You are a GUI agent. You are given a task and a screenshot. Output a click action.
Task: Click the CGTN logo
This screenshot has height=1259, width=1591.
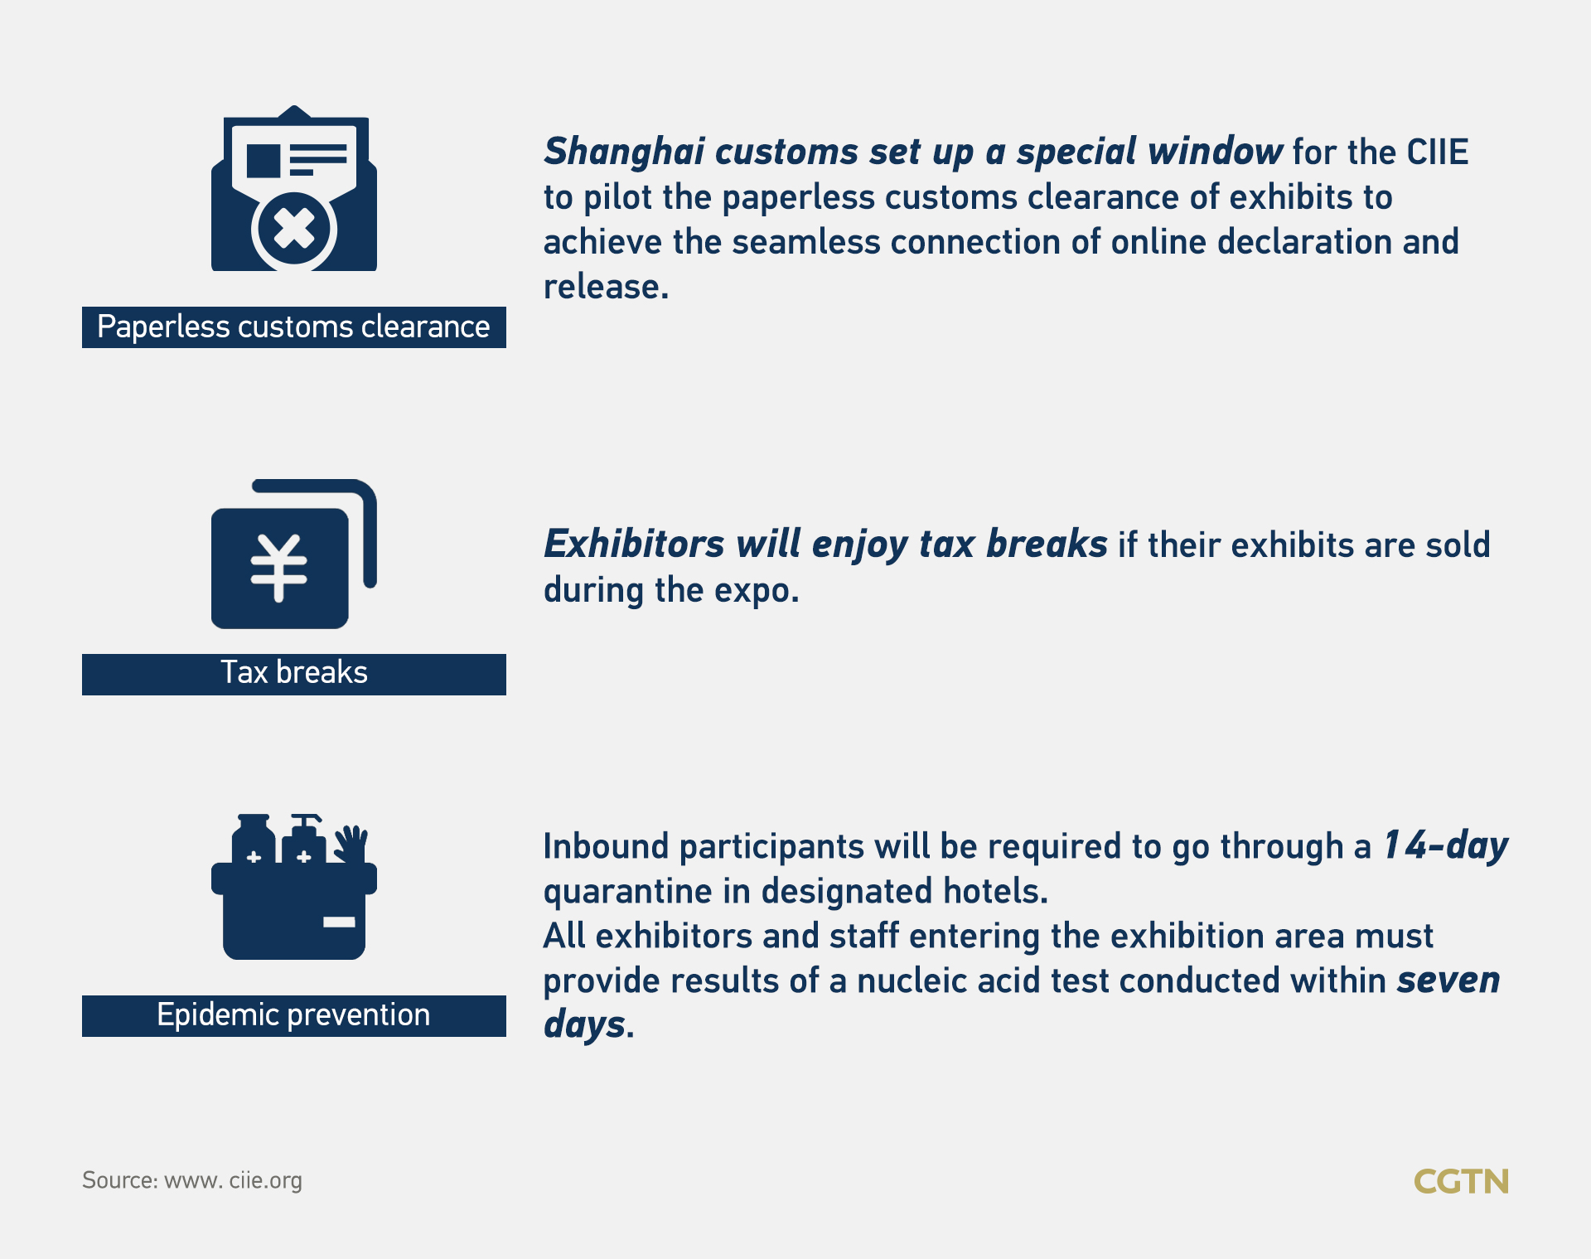click(x=1461, y=1181)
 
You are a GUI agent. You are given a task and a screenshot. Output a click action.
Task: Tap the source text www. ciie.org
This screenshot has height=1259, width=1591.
click(x=233, y=1180)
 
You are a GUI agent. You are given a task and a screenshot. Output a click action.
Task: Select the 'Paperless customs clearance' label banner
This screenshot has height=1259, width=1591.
click(x=294, y=327)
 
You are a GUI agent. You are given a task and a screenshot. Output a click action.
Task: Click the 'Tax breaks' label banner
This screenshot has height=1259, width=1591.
click(x=294, y=674)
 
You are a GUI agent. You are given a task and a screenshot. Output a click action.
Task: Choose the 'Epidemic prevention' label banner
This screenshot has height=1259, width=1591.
click(x=294, y=1015)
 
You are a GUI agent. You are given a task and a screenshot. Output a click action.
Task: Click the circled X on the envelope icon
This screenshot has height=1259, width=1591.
click(x=294, y=230)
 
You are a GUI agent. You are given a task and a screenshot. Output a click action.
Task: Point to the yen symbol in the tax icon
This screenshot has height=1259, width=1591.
click(x=279, y=568)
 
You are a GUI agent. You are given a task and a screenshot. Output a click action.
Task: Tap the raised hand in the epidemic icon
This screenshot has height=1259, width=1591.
click(x=351, y=844)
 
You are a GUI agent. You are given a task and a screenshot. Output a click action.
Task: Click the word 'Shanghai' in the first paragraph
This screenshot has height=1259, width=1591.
click(x=624, y=153)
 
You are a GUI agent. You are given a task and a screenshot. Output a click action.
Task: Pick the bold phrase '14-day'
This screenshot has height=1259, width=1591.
click(x=1446, y=846)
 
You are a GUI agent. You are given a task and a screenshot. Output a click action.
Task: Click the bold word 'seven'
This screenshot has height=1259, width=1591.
click(x=1448, y=981)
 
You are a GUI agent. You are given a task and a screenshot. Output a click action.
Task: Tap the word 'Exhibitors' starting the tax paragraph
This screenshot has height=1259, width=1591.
click(x=634, y=545)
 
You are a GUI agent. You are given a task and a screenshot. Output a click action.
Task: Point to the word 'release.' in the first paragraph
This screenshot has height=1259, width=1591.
click(x=606, y=287)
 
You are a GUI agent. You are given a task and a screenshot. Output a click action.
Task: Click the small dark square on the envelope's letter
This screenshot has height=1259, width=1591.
click(x=264, y=161)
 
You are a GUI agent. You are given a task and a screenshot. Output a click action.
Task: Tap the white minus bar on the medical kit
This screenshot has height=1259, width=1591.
click(x=339, y=922)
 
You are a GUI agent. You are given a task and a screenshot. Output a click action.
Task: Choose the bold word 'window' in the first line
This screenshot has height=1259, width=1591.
click(x=1216, y=152)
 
